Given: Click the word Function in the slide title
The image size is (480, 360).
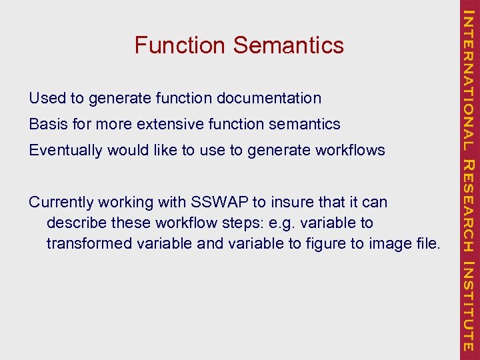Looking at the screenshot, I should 181,45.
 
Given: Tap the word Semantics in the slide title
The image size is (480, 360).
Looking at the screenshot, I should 289,45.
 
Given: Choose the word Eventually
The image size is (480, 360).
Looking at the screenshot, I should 65,150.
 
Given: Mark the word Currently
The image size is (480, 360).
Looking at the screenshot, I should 63,202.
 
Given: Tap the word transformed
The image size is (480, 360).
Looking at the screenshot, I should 89,243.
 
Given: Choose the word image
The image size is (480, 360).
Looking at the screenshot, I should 385,243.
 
